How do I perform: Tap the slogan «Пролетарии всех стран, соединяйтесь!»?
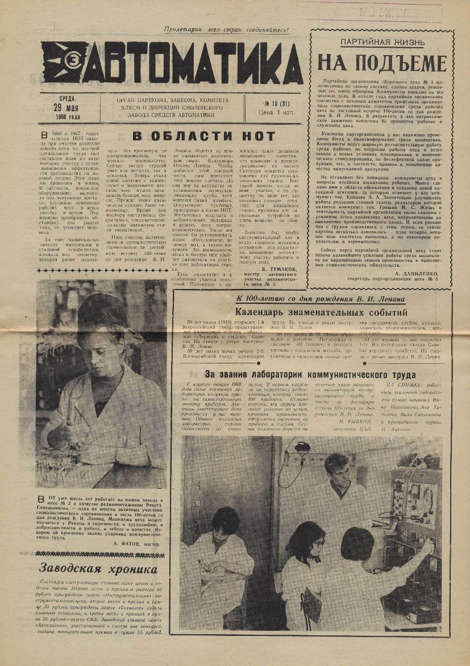click(226, 30)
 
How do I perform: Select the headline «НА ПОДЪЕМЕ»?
click(381, 62)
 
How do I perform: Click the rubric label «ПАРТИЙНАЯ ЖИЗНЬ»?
click(381, 43)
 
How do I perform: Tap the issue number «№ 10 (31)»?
click(275, 103)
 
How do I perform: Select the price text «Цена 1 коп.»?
click(275, 112)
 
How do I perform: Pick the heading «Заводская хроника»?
click(98, 569)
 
